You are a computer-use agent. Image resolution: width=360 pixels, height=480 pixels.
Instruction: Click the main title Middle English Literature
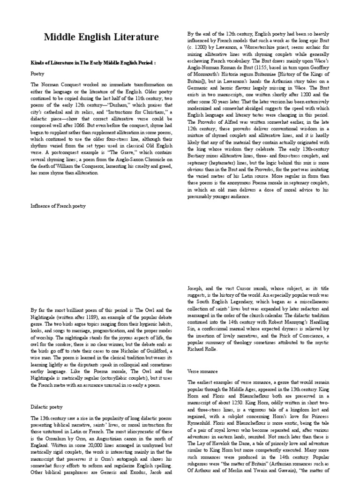click(101, 37)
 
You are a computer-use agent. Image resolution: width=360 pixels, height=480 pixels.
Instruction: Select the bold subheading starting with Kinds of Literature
click(93, 62)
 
